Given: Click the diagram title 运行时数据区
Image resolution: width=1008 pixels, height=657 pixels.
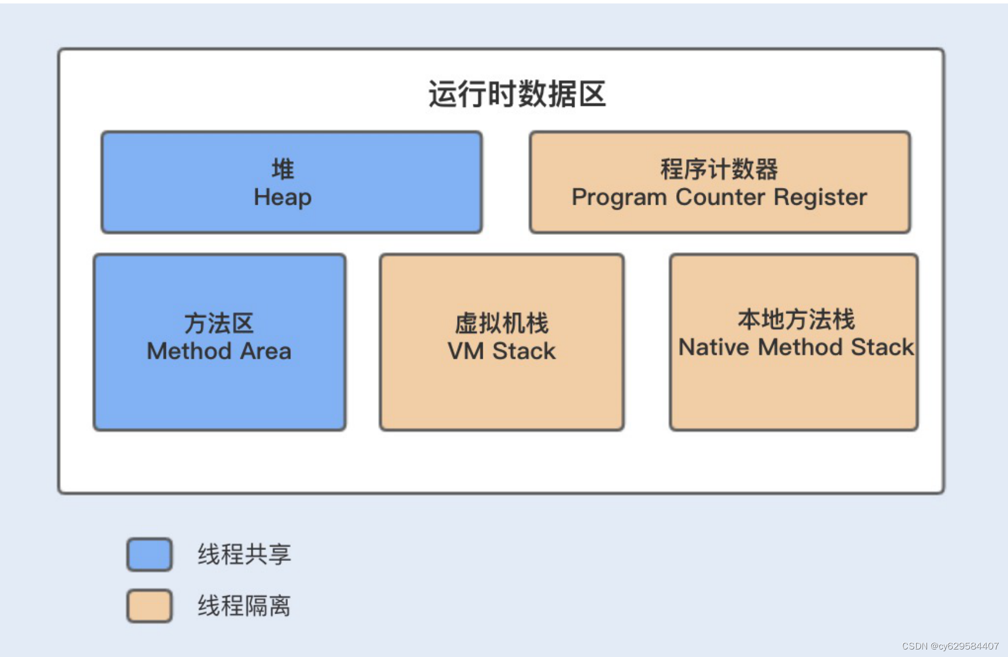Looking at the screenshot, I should pyautogui.click(x=517, y=94).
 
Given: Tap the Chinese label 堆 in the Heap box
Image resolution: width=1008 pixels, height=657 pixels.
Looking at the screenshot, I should pyautogui.click(x=283, y=169).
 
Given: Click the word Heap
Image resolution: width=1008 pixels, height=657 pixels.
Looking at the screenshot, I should pyautogui.click(x=283, y=198).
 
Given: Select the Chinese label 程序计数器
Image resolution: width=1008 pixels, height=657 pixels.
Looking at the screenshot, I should pyautogui.click(x=719, y=169).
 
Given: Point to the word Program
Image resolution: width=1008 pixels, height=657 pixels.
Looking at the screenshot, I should pyautogui.click(x=619, y=198).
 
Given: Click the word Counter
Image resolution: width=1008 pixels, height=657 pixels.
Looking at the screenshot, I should pyautogui.click(x=720, y=198).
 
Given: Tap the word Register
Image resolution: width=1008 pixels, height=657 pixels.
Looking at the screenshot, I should pyautogui.click(x=820, y=198).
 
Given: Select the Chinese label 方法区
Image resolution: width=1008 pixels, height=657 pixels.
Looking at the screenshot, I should pyautogui.click(x=219, y=323).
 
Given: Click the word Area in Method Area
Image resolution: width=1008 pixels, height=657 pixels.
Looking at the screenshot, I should pyautogui.click(x=266, y=352).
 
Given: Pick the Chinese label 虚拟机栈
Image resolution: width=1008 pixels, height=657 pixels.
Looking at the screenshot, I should pyautogui.click(x=502, y=323).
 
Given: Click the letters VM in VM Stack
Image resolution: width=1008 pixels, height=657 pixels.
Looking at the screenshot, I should pyautogui.click(x=465, y=352).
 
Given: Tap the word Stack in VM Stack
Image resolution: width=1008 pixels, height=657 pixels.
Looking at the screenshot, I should pyautogui.click(x=524, y=352).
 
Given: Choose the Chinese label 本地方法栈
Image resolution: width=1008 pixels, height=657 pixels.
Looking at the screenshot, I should pyautogui.click(x=796, y=319).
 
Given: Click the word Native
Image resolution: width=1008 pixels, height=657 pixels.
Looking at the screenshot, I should pyautogui.click(x=714, y=348).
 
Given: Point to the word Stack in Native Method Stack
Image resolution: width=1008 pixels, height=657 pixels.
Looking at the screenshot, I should pyautogui.click(x=882, y=348).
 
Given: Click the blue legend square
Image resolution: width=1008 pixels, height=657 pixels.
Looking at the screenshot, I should pyautogui.click(x=150, y=555).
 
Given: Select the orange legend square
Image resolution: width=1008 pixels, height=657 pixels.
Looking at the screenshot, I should pyautogui.click(x=150, y=606).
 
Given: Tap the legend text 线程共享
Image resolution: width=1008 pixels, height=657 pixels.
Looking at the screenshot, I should pyautogui.click(x=244, y=555).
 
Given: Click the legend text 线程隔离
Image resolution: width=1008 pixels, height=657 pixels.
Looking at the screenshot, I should pyautogui.click(x=244, y=606).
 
